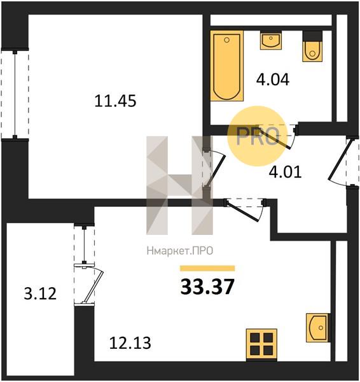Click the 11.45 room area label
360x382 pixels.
[x=115, y=101]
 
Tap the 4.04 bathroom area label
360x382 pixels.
[x=273, y=80]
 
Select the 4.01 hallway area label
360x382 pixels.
[x=286, y=171]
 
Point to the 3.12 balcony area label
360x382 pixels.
[x=40, y=294]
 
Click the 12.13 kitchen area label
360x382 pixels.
[x=130, y=343]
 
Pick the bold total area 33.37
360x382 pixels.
[x=207, y=286]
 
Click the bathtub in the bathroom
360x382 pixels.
[x=227, y=66]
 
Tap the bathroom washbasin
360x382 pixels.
[x=271, y=40]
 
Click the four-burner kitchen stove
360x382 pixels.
[x=261, y=344]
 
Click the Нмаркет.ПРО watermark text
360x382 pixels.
[x=180, y=251]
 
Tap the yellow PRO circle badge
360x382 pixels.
[x=258, y=136]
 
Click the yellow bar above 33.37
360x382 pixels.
[x=207, y=268]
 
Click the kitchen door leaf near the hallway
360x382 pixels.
[x=242, y=211]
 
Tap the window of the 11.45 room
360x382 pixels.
[x=15, y=94]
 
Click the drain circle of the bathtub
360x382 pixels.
[x=227, y=40]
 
